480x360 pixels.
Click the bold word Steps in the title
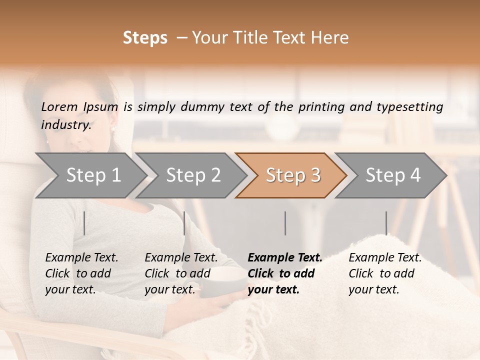[x=145, y=38]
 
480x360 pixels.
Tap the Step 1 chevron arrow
[x=90, y=175]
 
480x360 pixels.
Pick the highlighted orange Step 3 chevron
[x=292, y=175]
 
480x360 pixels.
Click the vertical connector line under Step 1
[x=84, y=223]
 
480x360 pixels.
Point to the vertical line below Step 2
[x=184, y=223]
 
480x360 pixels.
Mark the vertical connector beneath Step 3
[x=285, y=223]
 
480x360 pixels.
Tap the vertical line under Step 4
[x=386, y=223]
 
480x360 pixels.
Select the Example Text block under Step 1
[x=81, y=273]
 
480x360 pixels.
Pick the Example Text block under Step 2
[x=180, y=273]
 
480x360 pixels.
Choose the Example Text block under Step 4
[x=384, y=273]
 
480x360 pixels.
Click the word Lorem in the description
[x=59, y=107]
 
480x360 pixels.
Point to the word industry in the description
[x=66, y=125]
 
